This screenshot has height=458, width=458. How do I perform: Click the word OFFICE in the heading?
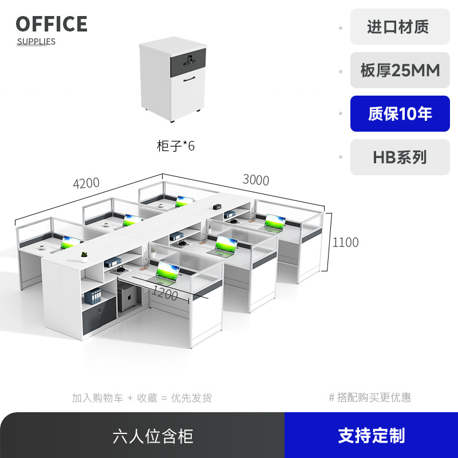tap(52, 24)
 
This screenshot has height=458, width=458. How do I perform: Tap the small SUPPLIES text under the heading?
tap(36, 41)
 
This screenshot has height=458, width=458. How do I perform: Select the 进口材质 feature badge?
tap(400, 27)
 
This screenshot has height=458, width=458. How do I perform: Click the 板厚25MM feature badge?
tap(400, 70)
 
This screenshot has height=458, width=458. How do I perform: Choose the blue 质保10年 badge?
tap(400, 114)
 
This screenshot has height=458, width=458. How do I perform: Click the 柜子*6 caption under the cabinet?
tap(176, 146)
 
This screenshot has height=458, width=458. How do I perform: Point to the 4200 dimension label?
tap(86, 183)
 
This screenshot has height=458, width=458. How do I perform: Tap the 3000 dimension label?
tap(255, 180)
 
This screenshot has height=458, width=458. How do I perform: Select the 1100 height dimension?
tap(345, 242)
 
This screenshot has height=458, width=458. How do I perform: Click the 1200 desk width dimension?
tap(164, 295)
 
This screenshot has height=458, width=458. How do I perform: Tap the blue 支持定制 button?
tap(371, 435)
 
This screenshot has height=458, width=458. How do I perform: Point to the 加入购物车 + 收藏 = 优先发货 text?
tap(141, 397)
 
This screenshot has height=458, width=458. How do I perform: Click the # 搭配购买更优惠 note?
tap(370, 397)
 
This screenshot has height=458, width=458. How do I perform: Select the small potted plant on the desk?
tap(84, 256)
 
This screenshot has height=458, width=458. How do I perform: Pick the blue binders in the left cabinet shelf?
tap(92, 297)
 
